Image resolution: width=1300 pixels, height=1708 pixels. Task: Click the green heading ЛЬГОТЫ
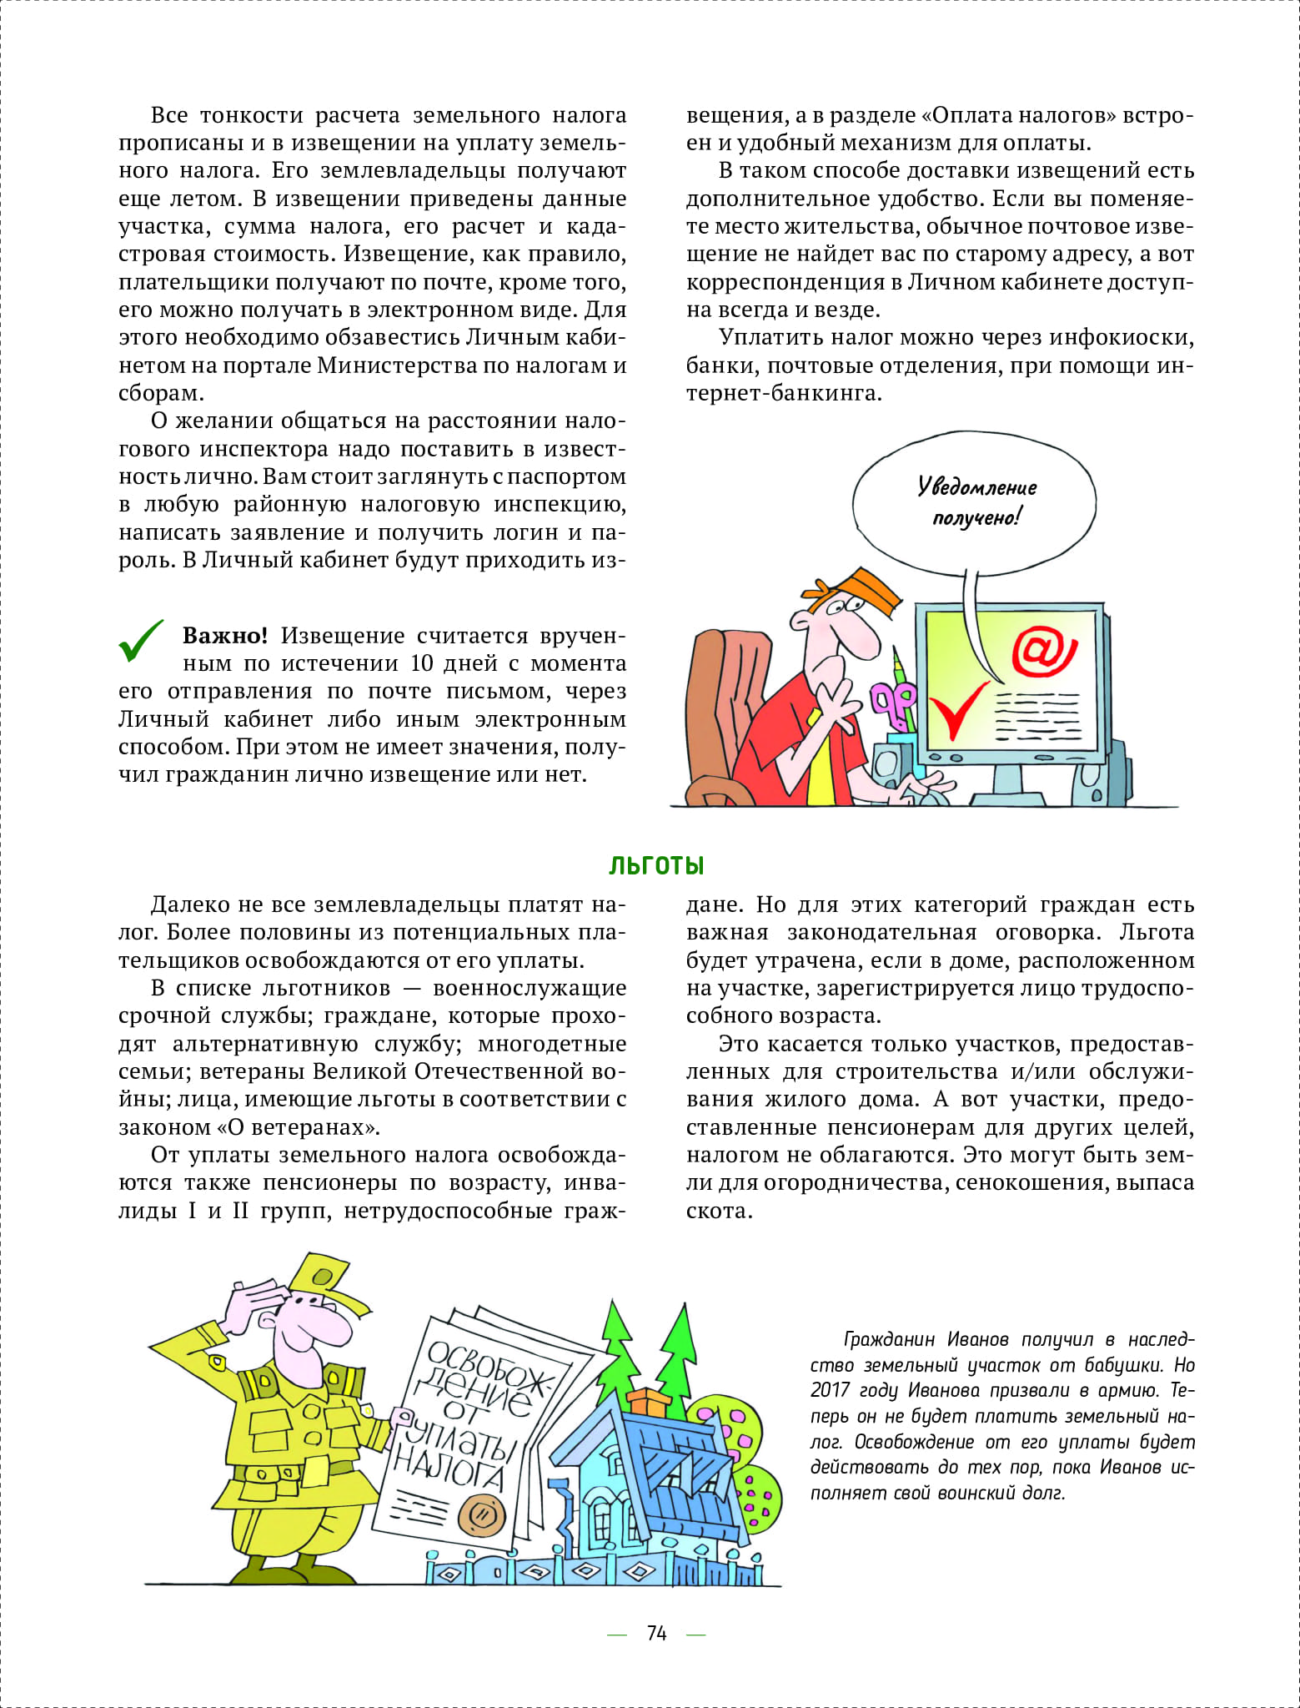pyautogui.click(x=656, y=865)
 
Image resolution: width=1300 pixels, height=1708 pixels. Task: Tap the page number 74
pyautogui.click(x=656, y=1633)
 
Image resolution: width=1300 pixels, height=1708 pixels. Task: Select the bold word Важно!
pyautogui.click(x=225, y=636)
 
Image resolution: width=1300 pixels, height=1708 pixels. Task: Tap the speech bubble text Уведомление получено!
pyautogui.click(x=976, y=501)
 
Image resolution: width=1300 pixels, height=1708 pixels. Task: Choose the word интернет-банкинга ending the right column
pyautogui.click(x=784, y=393)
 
